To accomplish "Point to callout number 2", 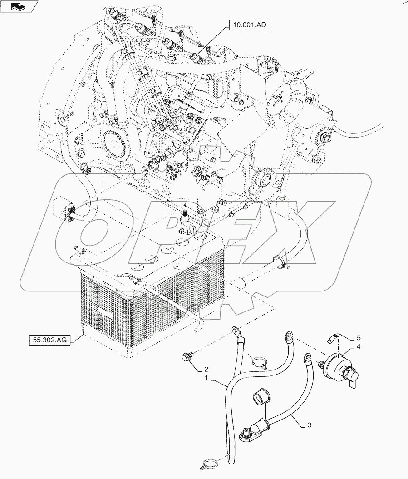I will point(206,369).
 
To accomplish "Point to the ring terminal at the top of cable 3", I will point(308,359).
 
